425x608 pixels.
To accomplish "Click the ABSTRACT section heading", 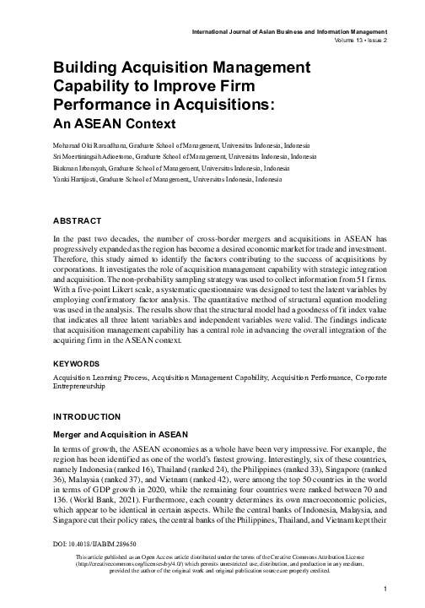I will (x=78, y=221).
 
